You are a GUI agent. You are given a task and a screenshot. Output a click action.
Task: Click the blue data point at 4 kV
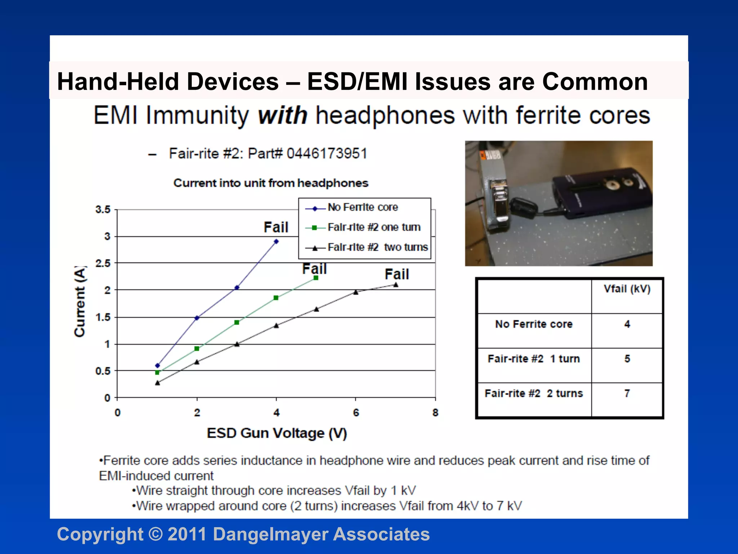pos(276,242)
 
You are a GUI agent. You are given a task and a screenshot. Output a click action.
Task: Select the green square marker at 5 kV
pos(316,278)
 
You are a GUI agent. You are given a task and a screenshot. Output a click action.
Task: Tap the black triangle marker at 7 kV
pos(396,285)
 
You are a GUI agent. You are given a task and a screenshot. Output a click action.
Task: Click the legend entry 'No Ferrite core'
pos(363,207)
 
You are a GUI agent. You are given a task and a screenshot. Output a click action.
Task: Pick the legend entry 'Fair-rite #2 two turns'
pos(377,247)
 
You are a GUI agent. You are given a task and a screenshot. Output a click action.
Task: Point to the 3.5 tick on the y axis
pos(103,210)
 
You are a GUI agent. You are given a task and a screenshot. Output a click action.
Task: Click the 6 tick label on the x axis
pos(356,413)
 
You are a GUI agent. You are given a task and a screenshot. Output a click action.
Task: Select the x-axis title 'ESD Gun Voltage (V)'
pos(277,433)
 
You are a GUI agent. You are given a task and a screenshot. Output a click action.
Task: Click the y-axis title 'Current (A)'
pos(80,302)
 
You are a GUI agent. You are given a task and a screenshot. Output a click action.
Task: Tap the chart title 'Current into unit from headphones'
pos(271,183)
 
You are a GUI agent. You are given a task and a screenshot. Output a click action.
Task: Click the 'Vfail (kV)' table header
pos(627,289)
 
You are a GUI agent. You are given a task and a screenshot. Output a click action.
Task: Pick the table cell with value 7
pos(627,393)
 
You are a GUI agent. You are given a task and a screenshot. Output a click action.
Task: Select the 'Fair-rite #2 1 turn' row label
pos(534,359)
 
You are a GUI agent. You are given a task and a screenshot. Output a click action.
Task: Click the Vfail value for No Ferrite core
pos(627,324)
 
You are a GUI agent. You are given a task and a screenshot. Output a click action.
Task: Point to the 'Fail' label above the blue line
pos(276,228)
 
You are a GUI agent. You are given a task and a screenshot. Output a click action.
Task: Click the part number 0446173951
pos(327,154)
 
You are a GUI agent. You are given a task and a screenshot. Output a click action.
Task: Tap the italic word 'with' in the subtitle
pos(283,116)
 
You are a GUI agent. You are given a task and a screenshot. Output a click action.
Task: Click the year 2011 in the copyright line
pos(187,534)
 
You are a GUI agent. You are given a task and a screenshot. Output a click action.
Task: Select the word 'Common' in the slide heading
pos(595,82)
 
